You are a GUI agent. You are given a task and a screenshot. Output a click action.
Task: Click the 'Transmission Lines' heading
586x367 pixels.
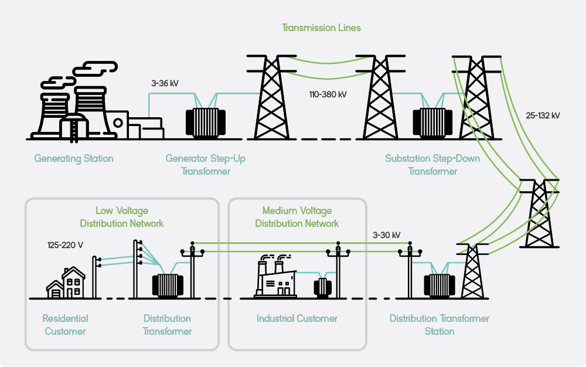pos(321,28)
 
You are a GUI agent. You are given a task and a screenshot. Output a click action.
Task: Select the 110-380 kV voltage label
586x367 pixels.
pos(328,94)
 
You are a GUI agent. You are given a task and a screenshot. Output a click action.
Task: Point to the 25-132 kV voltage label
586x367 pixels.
pos(543,115)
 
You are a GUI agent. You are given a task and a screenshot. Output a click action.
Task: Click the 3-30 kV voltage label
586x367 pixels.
pos(386,235)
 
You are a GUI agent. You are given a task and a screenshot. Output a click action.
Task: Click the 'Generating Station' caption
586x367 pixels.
pos(74,158)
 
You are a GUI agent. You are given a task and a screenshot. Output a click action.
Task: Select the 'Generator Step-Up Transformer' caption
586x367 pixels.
pos(205,165)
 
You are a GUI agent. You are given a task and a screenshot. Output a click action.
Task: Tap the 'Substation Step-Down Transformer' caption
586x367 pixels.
pos(432,165)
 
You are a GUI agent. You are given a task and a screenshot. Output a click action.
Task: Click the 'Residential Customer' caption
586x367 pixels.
pos(65,325)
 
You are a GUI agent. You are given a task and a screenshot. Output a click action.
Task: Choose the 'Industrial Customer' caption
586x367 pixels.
pos(297,318)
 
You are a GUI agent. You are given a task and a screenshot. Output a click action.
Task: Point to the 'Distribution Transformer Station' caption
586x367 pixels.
pos(439,325)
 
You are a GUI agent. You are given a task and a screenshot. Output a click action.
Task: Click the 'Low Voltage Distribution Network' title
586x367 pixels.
pos(122,217)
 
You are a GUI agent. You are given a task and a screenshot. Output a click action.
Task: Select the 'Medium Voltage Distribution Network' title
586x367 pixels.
pos(297,217)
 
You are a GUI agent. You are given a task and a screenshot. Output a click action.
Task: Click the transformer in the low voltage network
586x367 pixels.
pos(168,285)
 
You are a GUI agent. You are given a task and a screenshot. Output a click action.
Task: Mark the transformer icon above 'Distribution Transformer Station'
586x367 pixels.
pos(439,286)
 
